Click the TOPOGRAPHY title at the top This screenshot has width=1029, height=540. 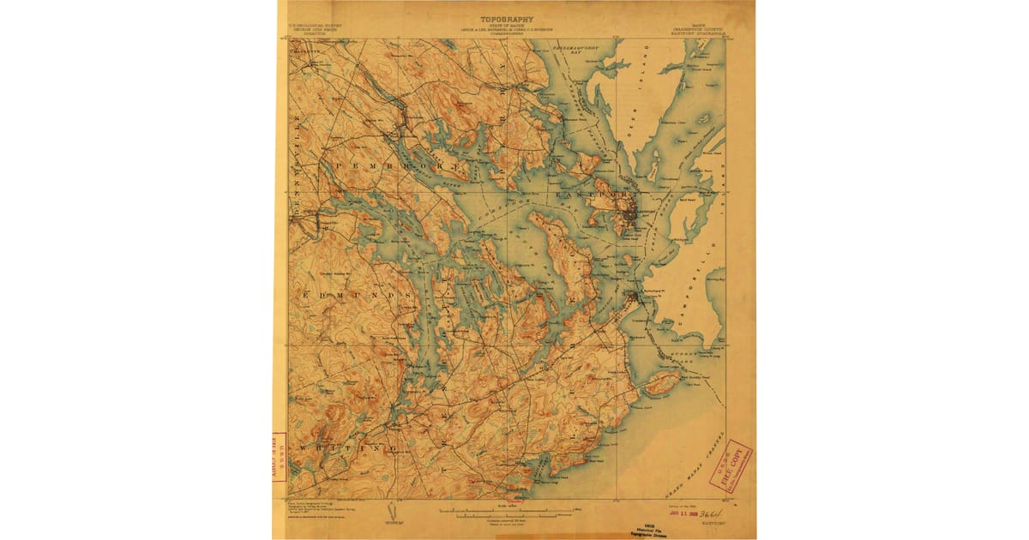point(506,19)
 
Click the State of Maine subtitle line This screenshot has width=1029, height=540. point(506,27)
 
